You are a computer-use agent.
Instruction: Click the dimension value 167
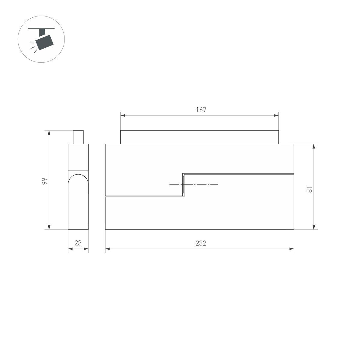point(201,110)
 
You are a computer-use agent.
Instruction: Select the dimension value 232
point(201,243)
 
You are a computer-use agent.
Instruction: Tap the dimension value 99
point(44,181)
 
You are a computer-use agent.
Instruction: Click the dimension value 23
point(78,243)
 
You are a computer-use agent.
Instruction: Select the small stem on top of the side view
point(78,137)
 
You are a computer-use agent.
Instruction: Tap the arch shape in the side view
point(78,183)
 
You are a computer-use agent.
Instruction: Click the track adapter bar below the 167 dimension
point(199,137)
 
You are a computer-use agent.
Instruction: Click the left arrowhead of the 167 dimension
point(122,115)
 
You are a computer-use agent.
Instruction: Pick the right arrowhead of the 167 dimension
point(277,115)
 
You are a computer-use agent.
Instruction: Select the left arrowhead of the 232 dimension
point(107,249)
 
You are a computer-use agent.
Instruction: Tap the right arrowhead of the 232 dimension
point(292,249)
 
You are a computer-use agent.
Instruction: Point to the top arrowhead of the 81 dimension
point(314,146)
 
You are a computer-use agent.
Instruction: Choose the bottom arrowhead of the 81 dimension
point(314,227)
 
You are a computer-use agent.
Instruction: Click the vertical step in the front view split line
point(183,185)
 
